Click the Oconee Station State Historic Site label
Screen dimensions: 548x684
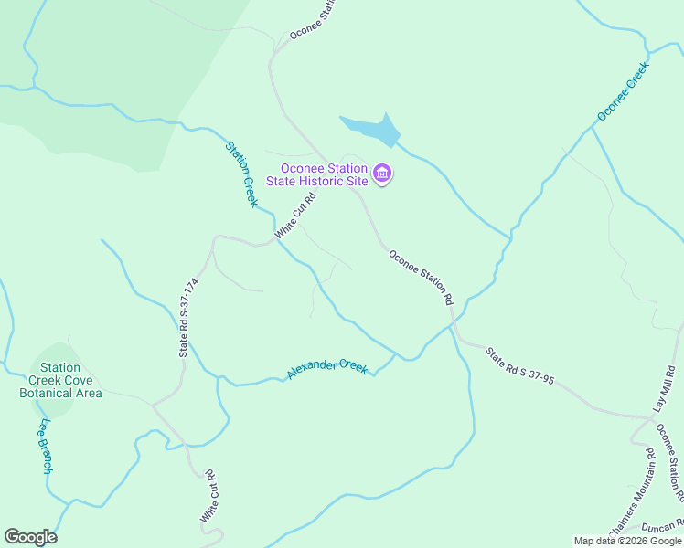click(x=324, y=174)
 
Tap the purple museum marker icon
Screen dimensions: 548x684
click(x=382, y=174)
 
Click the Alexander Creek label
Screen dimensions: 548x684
click(x=327, y=368)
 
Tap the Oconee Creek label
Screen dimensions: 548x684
click(x=623, y=91)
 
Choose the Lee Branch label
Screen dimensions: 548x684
click(x=44, y=446)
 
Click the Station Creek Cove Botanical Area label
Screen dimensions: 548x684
click(x=60, y=380)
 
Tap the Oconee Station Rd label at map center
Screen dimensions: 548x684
click(x=421, y=277)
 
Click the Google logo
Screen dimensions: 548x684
click(x=30, y=537)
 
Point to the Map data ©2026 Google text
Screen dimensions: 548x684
click(x=628, y=541)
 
